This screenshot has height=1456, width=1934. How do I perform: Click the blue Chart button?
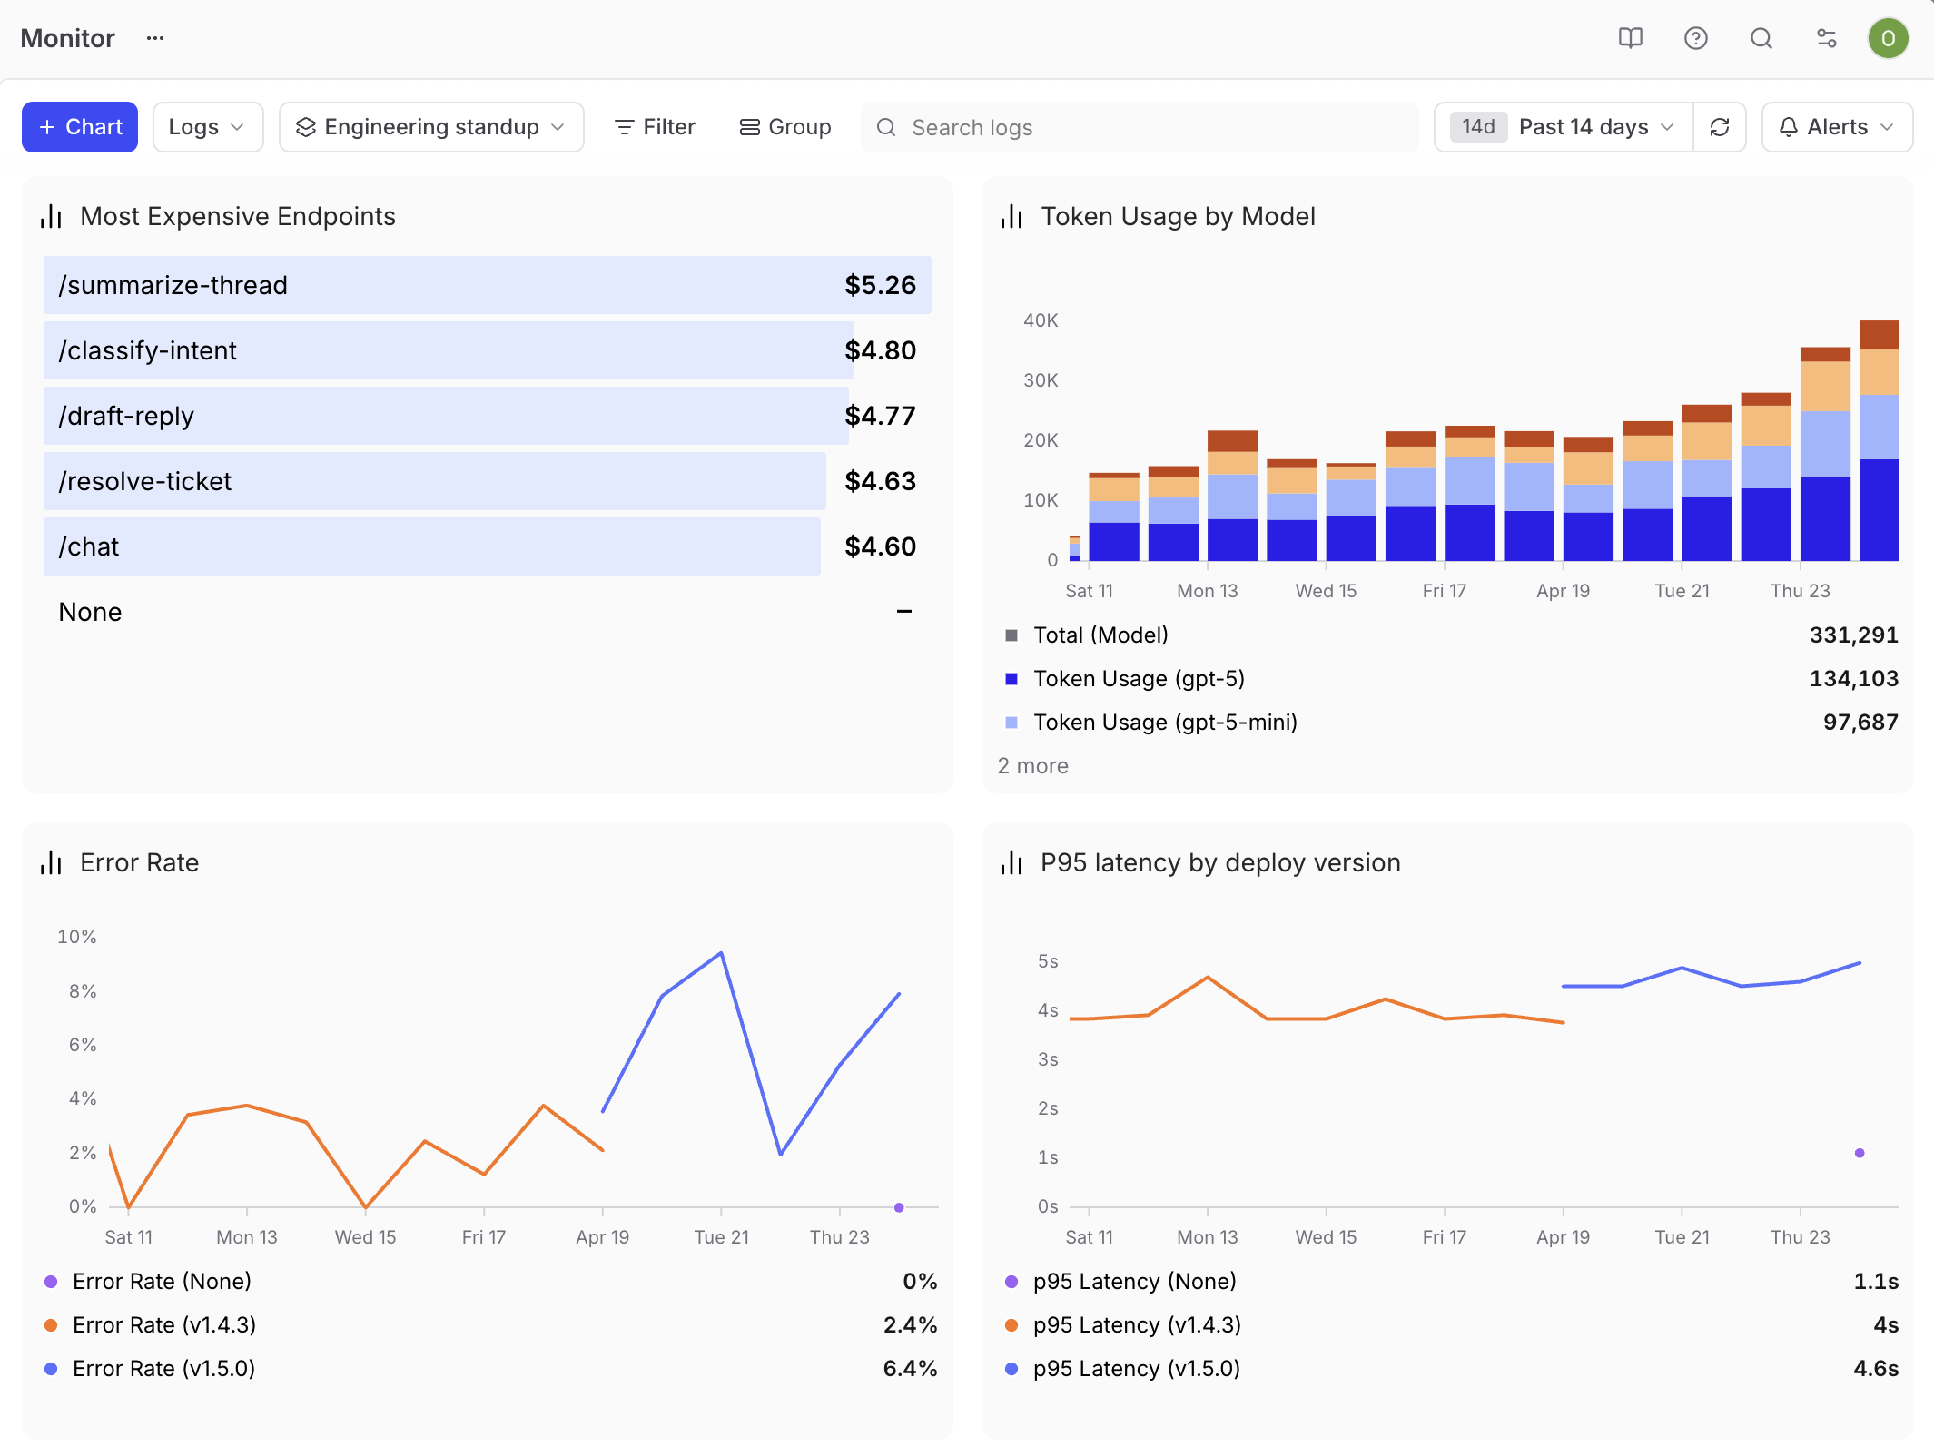click(80, 127)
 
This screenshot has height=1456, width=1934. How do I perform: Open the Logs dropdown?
click(208, 127)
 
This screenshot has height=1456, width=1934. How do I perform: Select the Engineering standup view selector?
click(431, 127)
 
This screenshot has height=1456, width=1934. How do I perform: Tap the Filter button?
click(655, 127)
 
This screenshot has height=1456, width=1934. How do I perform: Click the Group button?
click(785, 127)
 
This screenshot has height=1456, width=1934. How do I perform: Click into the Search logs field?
click(1140, 127)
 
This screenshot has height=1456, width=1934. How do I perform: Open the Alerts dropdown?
click(1837, 127)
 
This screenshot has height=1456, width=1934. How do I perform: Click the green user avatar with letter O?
click(1889, 38)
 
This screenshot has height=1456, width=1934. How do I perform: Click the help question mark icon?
click(1696, 38)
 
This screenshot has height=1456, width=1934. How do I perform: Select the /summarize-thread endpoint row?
click(488, 285)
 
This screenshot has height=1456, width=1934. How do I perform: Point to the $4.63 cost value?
click(880, 481)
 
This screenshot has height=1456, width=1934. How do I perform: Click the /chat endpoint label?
click(89, 546)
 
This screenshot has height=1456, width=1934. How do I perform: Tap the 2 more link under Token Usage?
click(1033, 766)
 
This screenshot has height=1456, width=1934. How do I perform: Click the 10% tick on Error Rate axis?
click(77, 937)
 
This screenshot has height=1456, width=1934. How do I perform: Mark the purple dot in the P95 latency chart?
click(1860, 1153)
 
